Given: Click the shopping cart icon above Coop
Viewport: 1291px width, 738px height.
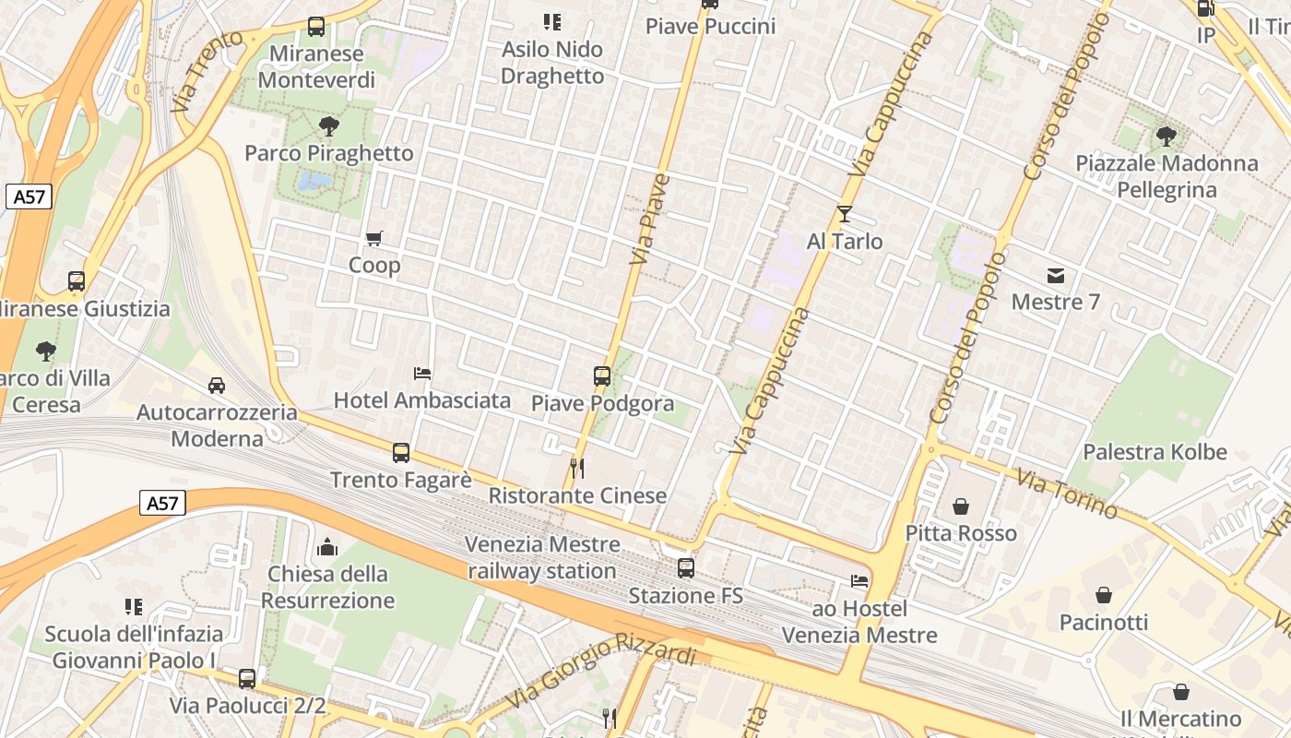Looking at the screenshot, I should [x=373, y=239].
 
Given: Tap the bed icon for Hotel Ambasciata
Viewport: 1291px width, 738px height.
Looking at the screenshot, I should [x=422, y=374].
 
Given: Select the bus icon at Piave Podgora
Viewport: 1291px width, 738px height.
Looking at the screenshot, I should [x=602, y=376].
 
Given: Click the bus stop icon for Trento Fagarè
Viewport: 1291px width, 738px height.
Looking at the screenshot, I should [x=400, y=453].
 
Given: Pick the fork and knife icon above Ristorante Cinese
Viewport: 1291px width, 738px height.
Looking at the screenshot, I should [x=577, y=468].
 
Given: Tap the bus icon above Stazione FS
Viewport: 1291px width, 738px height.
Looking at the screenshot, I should [x=685, y=568].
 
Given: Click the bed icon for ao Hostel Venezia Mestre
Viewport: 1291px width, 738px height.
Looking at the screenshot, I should [x=859, y=581].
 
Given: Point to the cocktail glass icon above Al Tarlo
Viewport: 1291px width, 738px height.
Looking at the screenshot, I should [x=845, y=214].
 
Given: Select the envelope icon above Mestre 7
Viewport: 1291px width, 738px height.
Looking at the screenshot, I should [x=1056, y=275].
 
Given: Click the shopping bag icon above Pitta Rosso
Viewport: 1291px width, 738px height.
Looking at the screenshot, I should [x=961, y=506].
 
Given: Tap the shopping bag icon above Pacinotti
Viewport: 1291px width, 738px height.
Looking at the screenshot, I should [x=1104, y=595].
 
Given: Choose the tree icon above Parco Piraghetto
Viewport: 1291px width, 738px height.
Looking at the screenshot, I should [x=328, y=126].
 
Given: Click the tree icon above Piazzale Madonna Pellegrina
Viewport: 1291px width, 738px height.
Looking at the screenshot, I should [x=1166, y=137].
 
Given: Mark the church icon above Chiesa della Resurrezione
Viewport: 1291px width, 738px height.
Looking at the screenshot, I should [x=327, y=547].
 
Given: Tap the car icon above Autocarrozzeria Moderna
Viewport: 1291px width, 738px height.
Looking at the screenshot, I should [x=217, y=385].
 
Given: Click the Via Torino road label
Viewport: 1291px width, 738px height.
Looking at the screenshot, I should [x=1067, y=494].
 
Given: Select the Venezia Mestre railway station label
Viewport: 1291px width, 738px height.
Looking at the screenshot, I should [x=542, y=557].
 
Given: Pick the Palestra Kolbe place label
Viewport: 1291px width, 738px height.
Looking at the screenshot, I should [x=1155, y=452].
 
